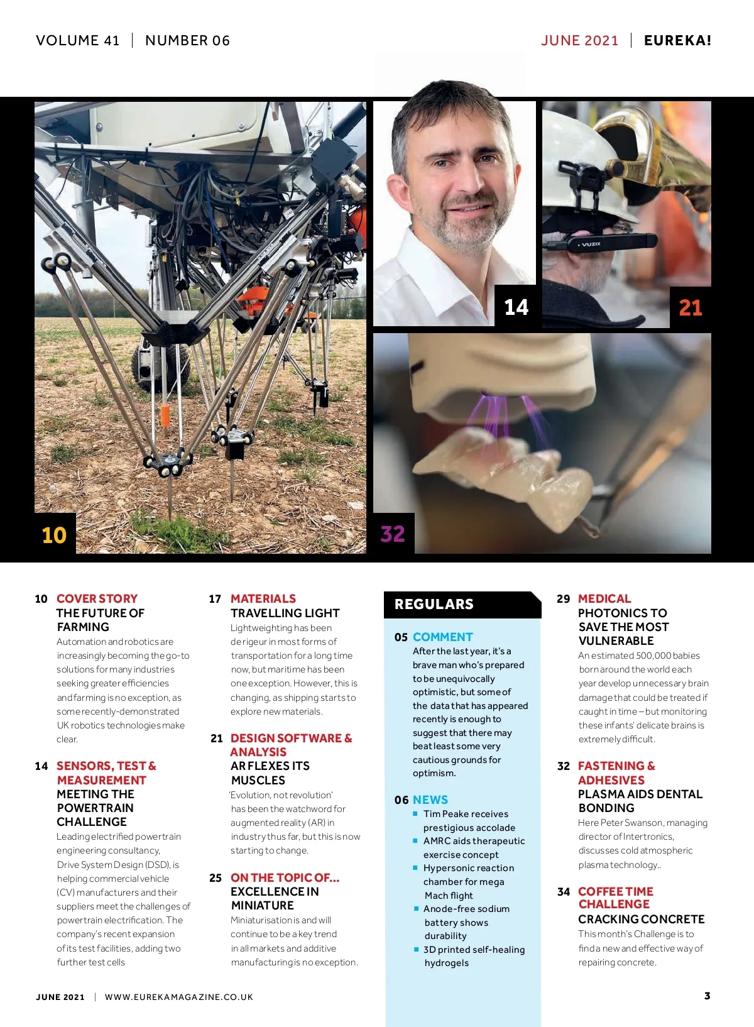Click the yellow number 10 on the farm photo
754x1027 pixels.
54,535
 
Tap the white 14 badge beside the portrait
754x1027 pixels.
516,307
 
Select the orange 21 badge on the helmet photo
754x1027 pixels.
691,307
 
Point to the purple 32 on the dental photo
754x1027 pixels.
393,534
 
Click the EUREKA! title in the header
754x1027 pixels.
677,40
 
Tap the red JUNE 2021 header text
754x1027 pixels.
580,40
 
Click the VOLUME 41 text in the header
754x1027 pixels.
77,40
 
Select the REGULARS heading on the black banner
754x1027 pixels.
434,604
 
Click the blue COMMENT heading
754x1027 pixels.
443,637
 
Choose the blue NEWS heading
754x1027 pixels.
430,799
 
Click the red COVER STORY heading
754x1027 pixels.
97,598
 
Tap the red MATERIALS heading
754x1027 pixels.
263,598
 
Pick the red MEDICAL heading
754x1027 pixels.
604,598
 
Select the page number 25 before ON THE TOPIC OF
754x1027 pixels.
216,878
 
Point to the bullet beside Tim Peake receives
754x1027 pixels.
415,813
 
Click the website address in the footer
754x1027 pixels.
178,997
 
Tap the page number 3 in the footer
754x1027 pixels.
708,996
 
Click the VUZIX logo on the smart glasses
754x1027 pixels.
591,244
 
